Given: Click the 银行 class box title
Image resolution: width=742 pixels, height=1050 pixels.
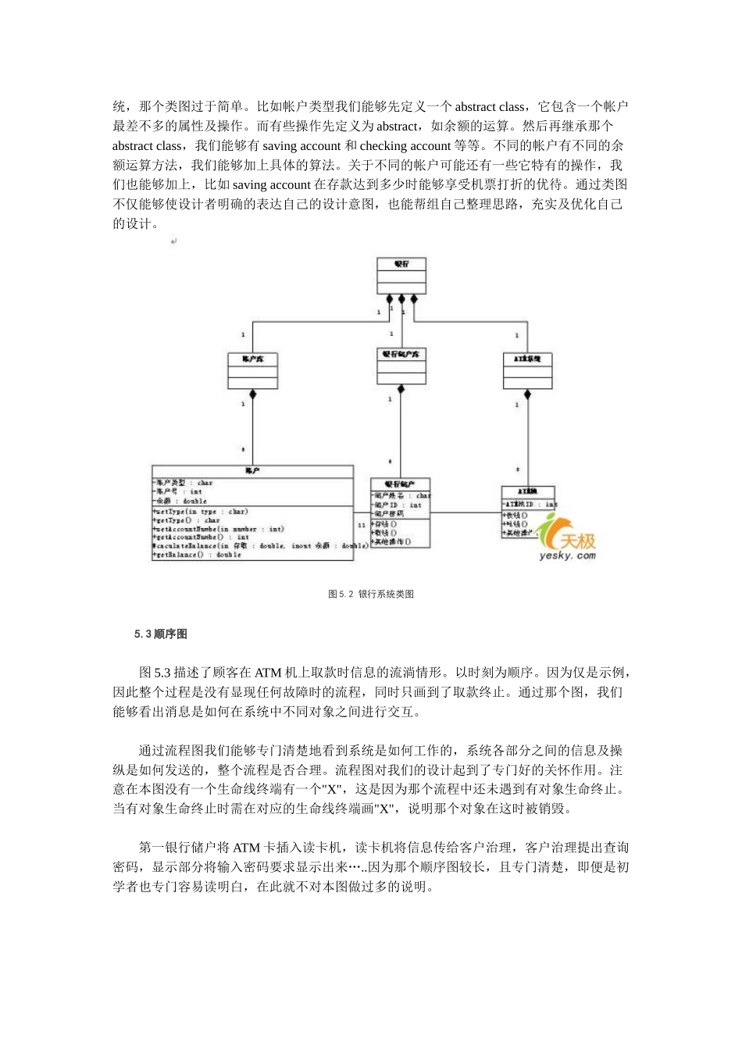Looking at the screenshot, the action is [x=401, y=264].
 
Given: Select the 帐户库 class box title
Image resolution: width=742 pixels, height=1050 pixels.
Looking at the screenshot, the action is [x=253, y=359].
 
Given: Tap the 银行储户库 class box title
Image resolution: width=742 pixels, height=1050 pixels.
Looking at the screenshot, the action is [x=401, y=354].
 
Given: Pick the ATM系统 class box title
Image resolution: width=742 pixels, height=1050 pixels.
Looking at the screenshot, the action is [x=527, y=359].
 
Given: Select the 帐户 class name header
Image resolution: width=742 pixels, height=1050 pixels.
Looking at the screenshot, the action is [x=251, y=471].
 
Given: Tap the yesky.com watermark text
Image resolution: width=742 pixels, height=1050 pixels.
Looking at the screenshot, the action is [x=567, y=555].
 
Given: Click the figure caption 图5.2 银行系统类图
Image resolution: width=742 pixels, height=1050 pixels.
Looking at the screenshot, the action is [x=371, y=595].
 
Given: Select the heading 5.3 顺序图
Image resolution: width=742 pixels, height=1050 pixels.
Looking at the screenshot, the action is [x=161, y=634].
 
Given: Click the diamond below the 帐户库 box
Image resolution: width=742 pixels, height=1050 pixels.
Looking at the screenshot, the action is [x=253, y=395].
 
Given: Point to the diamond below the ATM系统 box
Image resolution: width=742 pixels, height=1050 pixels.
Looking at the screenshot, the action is [x=527, y=395].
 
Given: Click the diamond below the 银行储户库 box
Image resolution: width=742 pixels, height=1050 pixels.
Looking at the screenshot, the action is [x=401, y=389].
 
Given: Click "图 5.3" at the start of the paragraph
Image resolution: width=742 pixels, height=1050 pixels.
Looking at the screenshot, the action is [x=155, y=673].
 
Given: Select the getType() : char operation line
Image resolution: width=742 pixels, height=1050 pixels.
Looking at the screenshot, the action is [x=187, y=520].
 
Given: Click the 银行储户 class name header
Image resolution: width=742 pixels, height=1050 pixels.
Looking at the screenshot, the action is [x=400, y=484].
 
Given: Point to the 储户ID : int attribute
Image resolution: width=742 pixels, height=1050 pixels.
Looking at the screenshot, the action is [x=398, y=505].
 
